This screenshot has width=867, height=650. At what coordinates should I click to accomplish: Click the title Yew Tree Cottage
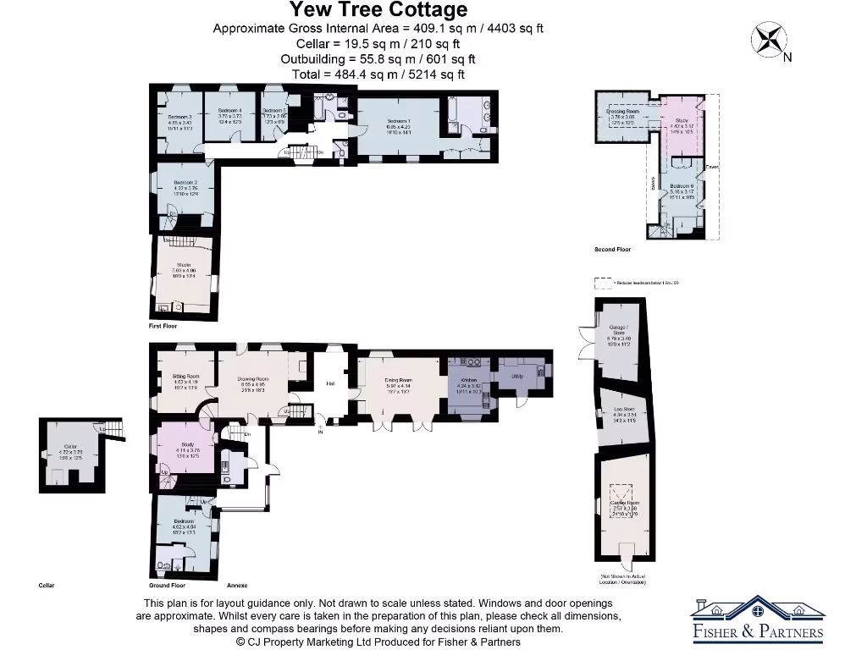tap(378, 10)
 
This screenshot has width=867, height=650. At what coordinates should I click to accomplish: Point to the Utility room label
tap(517, 375)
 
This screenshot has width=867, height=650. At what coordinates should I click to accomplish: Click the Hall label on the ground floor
tap(330, 383)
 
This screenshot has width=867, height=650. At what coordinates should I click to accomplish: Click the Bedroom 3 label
tap(179, 117)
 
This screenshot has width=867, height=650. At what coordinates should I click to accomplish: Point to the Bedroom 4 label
tap(230, 111)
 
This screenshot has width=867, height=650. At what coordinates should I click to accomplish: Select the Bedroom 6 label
tap(682, 186)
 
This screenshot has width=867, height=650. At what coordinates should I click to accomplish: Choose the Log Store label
tap(625, 410)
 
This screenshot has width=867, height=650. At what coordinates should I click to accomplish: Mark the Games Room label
tap(625, 502)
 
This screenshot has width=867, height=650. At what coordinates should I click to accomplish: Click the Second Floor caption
tap(612, 250)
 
